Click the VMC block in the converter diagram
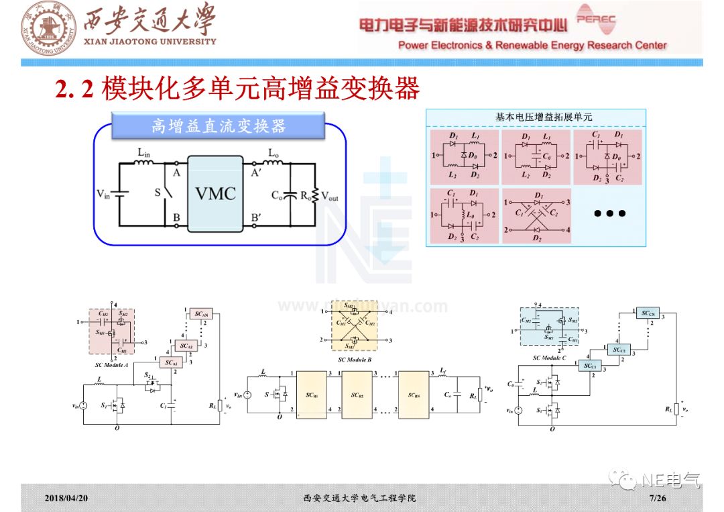coord(215,194)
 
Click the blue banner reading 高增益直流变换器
coord(219,126)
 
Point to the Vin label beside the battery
coord(103,195)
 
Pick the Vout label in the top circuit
coord(330,196)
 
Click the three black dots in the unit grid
coord(609,214)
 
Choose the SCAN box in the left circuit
coord(202,314)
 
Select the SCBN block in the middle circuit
coord(414,395)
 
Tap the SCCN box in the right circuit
coord(648,313)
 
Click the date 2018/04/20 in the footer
coord(66,499)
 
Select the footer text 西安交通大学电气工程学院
coord(359,499)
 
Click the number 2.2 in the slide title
coord(74,89)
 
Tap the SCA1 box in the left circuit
coord(171,362)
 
